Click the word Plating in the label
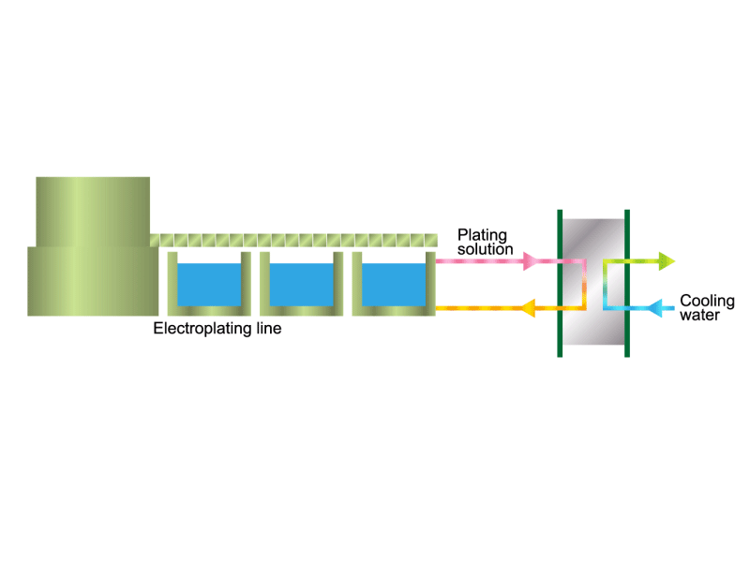pos(482,236)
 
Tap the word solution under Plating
pos(485,249)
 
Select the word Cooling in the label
pos(707,301)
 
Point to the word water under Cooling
pos(699,315)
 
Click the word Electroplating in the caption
pos(202,329)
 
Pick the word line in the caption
pos(269,329)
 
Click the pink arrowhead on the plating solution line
pos(530,261)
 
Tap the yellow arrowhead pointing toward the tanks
pos(527,308)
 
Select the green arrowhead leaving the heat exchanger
pos(667,261)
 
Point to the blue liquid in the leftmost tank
pos(209,285)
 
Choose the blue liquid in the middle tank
pos(301,285)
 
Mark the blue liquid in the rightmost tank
pos(394,285)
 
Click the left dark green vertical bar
pos(560,283)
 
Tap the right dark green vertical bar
pos(627,283)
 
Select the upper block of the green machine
pos(93,212)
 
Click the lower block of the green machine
pos(93,281)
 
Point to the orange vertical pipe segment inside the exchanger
pos(584,285)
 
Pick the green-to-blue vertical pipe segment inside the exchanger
pos(605,285)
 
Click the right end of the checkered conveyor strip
pos(436,240)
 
